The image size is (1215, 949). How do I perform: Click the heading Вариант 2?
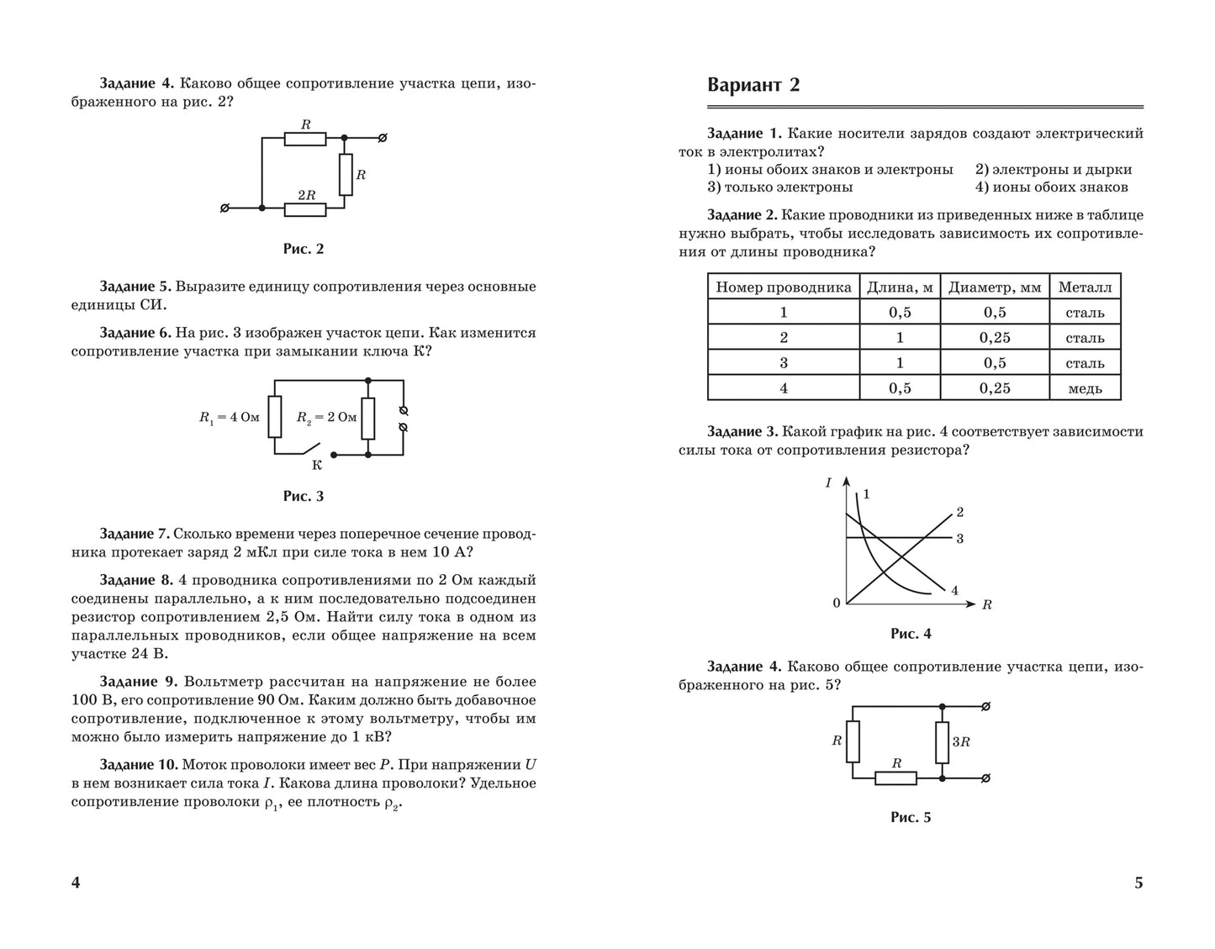(x=753, y=85)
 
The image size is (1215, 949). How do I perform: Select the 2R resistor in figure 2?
(x=305, y=207)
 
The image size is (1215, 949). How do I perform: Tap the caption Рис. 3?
(x=303, y=496)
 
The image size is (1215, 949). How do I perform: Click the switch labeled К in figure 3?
(x=314, y=449)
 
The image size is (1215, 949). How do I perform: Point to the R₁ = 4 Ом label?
(x=229, y=417)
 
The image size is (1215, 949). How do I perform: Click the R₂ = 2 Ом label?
(x=326, y=417)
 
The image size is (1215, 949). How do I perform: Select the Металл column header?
(x=1084, y=287)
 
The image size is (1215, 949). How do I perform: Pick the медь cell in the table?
(x=1084, y=388)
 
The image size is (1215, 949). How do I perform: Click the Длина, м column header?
(x=899, y=287)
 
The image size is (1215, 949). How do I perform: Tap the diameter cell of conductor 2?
(x=994, y=338)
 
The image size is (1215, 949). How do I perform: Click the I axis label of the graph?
(x=828, y=482)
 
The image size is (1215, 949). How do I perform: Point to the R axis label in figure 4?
(x=987, y=605)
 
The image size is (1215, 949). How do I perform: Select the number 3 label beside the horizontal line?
(x=959, y=538)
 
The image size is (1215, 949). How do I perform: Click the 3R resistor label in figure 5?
(x=961, y=742)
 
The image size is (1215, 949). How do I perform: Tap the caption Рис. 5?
(x=911, y=817)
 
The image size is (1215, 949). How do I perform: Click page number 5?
(x=1138, y=883)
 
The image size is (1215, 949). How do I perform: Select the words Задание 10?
(x=138, y=765)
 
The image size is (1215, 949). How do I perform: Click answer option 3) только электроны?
(x=779, y=187)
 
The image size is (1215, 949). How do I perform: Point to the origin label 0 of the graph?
(x=836, y=604)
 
